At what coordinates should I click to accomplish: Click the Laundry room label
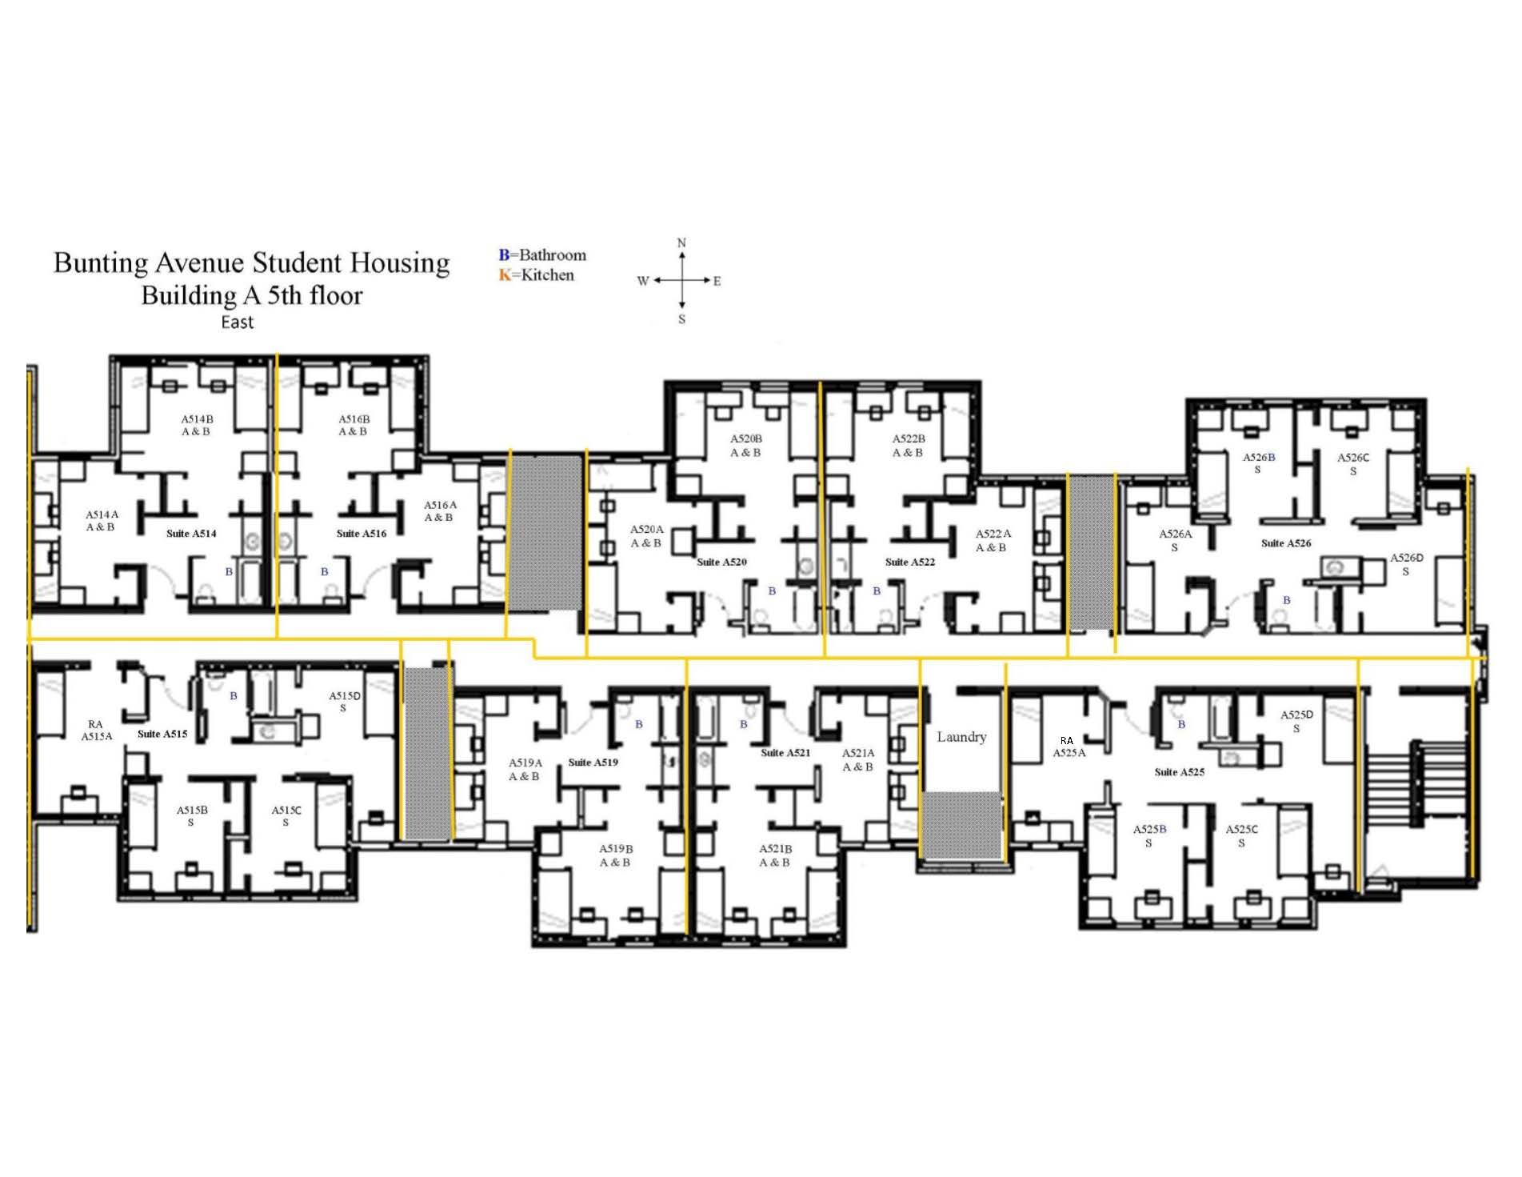click(x=961, y=737)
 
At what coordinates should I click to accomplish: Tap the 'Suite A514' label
click(x=191, y=534)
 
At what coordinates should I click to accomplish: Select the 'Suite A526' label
click(x=1286, y=543)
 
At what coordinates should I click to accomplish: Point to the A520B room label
click(x=745, y=446)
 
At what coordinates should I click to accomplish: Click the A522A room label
click(x=992, y=541)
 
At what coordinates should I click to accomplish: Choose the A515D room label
click(x=344, y=702)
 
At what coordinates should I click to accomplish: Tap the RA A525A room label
click(x=1069, y=747)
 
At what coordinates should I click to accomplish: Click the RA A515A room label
click(x=96, y=731)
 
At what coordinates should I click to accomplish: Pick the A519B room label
click(x=616, y=855)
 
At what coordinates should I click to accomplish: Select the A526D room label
click(x=1406, y=564)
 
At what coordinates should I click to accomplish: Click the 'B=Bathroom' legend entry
click(x=542, y=255)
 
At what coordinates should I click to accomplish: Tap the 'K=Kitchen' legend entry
click(x=537, y=275)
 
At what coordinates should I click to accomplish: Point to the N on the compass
click(x=681, y=242)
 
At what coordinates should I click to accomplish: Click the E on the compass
click(x=717, y=281)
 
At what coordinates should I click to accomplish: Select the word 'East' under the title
click(x=238, y=322)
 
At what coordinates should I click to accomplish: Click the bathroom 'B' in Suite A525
click(x=1181, y=725)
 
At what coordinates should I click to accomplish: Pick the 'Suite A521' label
click(x=785, y=753)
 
